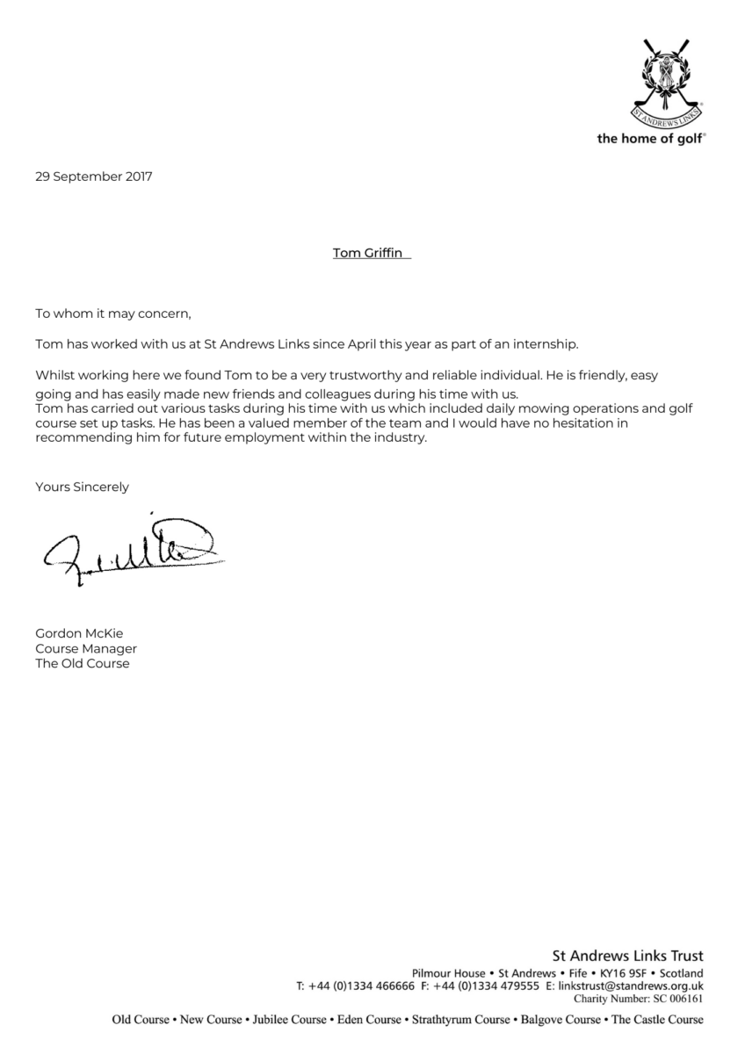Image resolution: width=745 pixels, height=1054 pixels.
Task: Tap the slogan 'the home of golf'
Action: tap(651, 139)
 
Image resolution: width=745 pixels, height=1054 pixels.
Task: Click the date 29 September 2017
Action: tap(93, 177)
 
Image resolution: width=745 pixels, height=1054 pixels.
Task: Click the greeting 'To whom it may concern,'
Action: tap(112, 312)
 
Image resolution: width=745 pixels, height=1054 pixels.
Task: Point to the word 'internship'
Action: tap(547, 343)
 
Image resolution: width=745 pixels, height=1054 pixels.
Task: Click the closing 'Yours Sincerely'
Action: tap(82, 486)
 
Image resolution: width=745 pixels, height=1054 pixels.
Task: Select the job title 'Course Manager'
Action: tap(85, 648)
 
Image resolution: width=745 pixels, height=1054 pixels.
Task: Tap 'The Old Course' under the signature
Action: tap(82, 663)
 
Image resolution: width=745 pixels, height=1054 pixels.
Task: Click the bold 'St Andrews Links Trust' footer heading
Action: tap(627, 956)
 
